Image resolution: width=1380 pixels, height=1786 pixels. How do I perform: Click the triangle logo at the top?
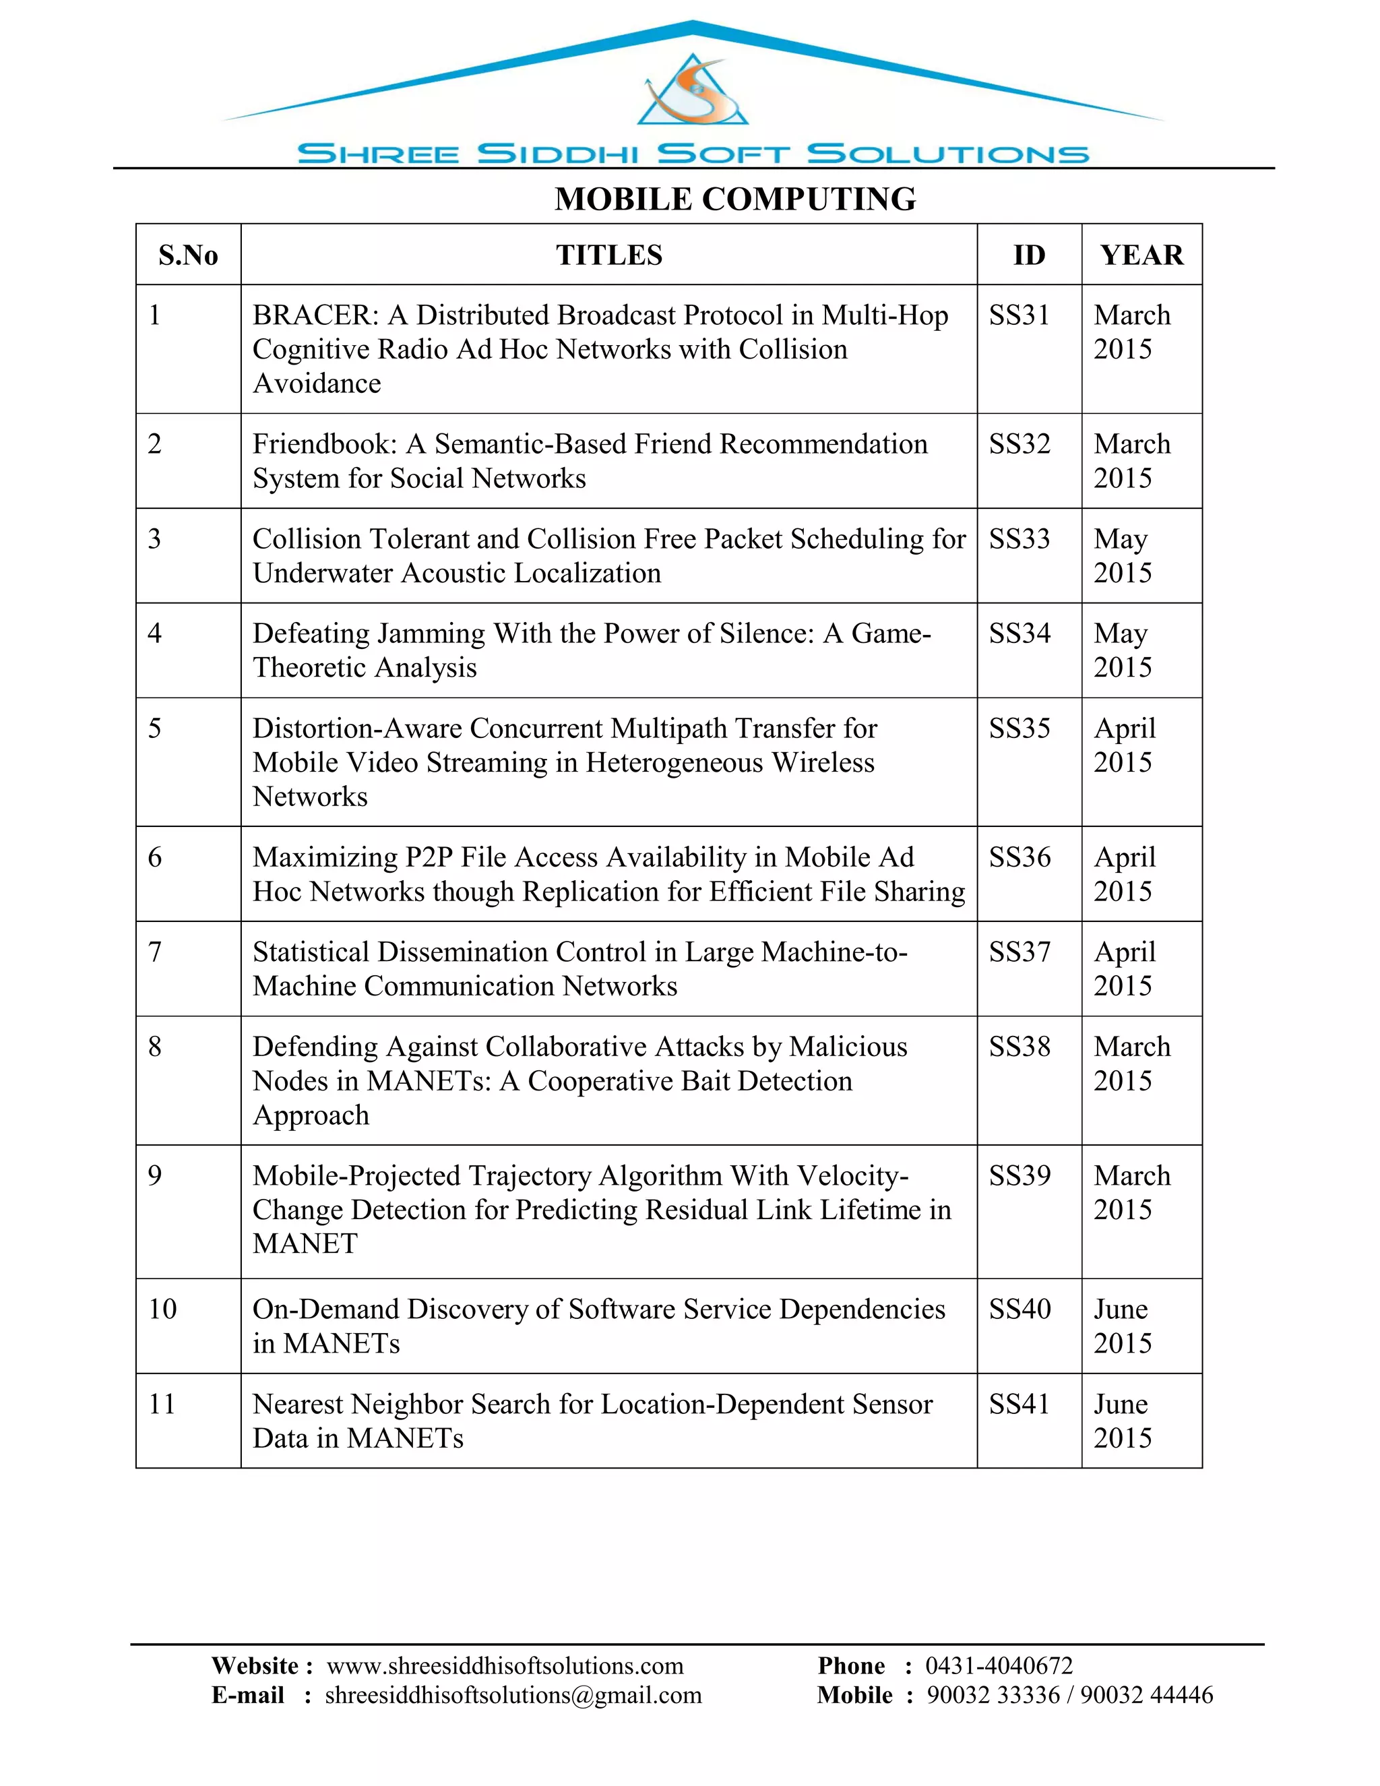[693, 91]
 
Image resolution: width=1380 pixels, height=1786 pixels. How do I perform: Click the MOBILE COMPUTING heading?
[735, 199]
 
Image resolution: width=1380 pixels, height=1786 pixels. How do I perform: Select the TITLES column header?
[609, 255]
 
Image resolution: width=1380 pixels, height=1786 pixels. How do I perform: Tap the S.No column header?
[188, 255]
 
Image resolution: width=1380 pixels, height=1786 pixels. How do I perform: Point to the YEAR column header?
[1141, 255]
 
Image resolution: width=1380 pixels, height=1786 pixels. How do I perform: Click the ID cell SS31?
[1019, 315]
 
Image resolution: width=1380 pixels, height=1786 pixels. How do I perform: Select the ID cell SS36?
[1020, 857]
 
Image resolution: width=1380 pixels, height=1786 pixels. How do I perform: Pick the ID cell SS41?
[1019, 1404]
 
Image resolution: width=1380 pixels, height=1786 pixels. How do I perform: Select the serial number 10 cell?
[162, 1310]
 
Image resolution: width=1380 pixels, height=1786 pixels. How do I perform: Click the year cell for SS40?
[1122, 1326]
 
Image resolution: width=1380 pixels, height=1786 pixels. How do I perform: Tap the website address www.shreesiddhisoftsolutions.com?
[505, 1666]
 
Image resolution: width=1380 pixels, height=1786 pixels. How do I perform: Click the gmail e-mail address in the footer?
[513, 1695]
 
